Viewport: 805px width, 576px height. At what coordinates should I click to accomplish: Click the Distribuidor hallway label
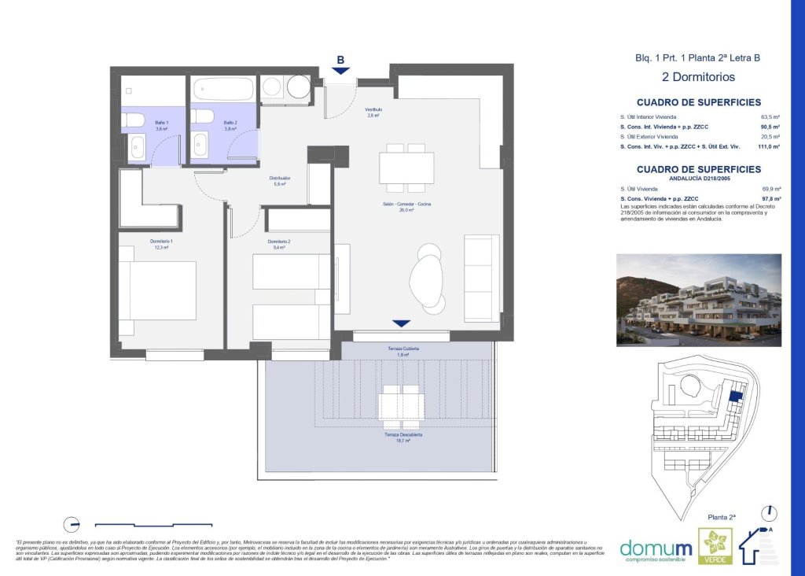point(282,181)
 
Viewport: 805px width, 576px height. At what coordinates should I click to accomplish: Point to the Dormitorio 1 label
point(160,244)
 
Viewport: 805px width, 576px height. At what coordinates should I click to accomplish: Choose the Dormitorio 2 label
point(279,244)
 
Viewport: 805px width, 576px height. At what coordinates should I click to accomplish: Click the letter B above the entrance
point(340,60)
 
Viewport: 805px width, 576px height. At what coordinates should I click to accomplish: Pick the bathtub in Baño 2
point(223,89)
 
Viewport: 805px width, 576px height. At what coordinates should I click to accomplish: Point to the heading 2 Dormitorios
point(698,77)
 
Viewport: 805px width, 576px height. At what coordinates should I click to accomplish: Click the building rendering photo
point(698,299)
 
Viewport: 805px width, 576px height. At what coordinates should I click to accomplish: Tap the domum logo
point(656,548)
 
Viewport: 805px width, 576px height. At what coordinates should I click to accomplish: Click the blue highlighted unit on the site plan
point(736,397)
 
